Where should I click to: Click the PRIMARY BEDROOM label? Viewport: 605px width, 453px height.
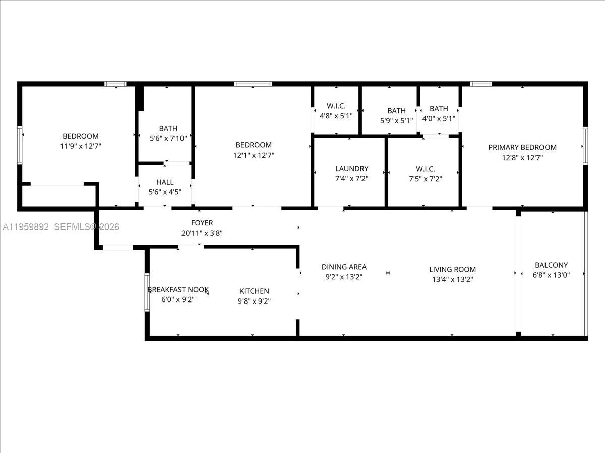pos(522,147)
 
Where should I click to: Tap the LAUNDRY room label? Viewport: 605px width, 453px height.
pos(351,169)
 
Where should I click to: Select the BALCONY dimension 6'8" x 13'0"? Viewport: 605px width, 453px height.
pos(551,275)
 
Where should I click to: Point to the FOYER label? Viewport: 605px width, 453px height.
pos(202,223)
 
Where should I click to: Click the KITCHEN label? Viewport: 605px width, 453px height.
pos(254,291)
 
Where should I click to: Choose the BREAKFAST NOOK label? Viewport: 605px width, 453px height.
pos(178,289)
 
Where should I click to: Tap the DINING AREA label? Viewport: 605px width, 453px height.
pos(344,267)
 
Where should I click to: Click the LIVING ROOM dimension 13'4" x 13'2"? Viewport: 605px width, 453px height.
pos(452,279)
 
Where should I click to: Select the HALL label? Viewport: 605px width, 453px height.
pos(165,182)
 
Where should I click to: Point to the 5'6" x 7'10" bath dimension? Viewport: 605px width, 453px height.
pos(168,138)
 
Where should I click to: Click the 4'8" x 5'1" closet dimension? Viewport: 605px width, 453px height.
pos(335,116)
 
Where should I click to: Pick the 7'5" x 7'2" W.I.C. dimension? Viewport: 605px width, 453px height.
pos(425,178)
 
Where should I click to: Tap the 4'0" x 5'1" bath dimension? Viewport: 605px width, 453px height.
pos(439,118)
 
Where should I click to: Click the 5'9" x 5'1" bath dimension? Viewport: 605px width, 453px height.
pos(396,121)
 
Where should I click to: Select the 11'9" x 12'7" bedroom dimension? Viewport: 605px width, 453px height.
pos(81,146)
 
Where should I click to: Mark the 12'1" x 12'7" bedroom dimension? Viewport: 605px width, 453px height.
pos(254,155)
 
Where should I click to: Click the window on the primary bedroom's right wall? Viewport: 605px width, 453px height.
pos(585,145)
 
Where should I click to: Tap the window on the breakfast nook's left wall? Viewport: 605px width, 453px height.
pos(147,292)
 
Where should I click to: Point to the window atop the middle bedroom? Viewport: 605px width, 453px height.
pos(253,84)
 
